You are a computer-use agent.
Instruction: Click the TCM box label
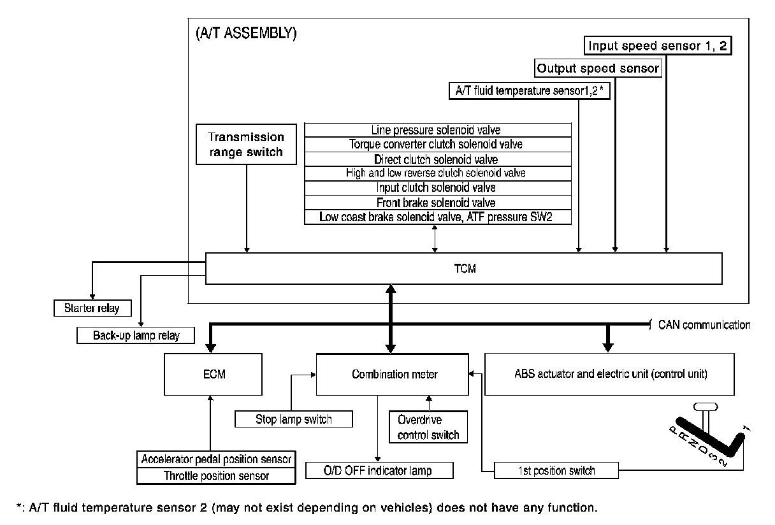pos(465,268)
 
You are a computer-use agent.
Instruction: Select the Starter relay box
pos(92,308)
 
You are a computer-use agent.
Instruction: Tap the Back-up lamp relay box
pos(136,335)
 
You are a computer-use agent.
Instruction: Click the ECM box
pos(213,374)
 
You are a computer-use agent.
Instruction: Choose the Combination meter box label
pos(395,374)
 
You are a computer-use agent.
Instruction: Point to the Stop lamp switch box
pos(294,419)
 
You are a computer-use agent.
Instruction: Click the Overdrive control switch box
pos(428,427)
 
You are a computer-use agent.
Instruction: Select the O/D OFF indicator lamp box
pos(379,470)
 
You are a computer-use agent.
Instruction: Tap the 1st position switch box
pos(556,470)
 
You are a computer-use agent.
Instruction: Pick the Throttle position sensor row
pos(216,476)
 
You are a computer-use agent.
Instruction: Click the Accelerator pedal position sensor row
pos(216,459)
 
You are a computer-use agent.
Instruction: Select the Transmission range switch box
pos(246,144)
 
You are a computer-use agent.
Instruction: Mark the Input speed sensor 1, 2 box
pos(658,45)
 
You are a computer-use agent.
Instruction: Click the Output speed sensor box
pos(598,68)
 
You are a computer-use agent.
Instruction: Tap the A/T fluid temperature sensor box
pos(530,91)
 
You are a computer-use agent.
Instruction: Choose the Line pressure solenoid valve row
pos(438,130)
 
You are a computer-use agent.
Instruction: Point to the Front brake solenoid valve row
pos(438,203)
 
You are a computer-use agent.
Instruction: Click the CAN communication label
pos(704,325)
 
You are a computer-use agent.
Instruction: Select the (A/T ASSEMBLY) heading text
pos(246,33)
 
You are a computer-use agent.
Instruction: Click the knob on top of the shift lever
pos(706,406)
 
